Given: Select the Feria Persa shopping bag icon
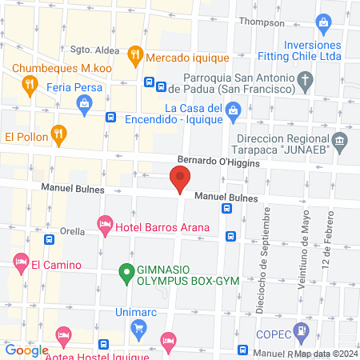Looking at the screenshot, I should point(84,102).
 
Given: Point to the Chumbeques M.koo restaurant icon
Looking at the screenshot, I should point(29,82).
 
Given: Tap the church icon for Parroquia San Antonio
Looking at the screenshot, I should point(304,80).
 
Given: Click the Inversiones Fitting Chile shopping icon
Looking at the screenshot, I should point(323,22).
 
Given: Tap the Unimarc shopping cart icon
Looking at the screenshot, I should point(139,326).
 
